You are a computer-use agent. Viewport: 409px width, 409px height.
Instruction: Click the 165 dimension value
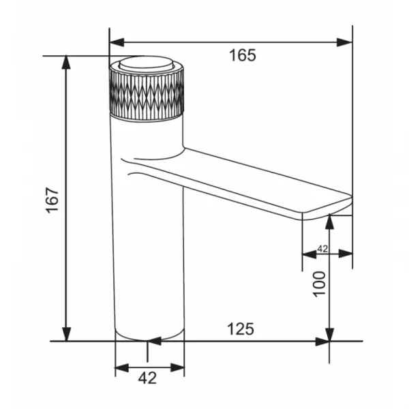pos(243,55)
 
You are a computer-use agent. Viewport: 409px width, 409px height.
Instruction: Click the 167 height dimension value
pos(52,200)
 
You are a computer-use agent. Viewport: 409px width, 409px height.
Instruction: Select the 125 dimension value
pos(241,329)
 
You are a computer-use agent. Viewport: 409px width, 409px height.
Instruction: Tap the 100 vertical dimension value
pos(319,284)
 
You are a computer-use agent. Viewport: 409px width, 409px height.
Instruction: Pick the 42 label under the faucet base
pos(147,378)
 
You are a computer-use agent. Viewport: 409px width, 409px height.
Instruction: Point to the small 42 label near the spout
pos(322,249)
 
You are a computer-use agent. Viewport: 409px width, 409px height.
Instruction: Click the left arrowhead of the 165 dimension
pos(117,42)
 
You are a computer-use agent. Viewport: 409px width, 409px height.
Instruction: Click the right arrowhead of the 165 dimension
pos(344,42)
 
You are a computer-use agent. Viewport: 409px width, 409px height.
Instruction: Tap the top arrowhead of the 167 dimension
pos(66,62)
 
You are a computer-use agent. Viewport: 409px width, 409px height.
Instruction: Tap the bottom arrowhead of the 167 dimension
pos(66,334)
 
